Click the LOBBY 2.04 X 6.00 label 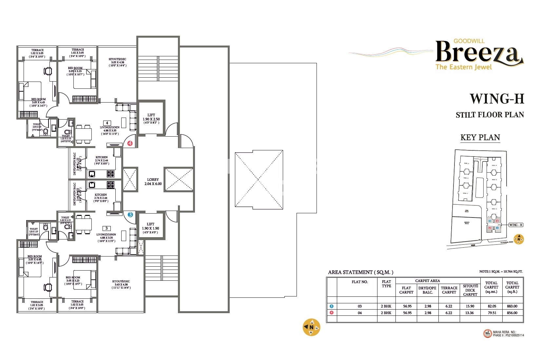(153, 182)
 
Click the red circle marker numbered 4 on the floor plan (130, 143)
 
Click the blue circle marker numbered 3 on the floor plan (130, 215)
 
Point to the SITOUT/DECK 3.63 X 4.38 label (121, 284)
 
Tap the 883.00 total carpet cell (512, 306)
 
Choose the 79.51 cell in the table (491, 313)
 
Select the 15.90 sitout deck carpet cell (470, 306)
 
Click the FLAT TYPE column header (386, 284)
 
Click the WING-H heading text (497, 99)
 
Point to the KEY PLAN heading (480, 137)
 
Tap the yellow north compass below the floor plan (311, 327)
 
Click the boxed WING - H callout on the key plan (516, 225)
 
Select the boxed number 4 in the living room (107, 123)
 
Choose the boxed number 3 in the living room (106, 228)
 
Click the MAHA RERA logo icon (488, 333)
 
